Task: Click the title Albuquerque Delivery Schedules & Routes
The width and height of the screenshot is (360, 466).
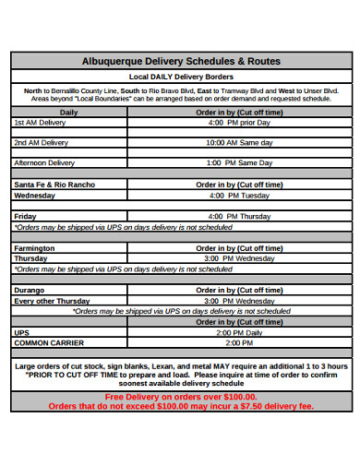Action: click(x=181, y=61)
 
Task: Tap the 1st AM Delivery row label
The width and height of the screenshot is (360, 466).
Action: click(x=40, y=122)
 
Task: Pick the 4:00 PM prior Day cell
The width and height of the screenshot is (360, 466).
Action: click(x=239, y=122)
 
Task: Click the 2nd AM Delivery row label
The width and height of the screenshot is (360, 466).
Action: click(x=41, y=143)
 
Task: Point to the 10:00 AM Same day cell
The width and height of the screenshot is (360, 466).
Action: click(x=239, y=143)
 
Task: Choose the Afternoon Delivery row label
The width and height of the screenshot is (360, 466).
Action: click(x=44, y=162)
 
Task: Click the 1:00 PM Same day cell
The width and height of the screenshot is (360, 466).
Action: click(x=239, y=162)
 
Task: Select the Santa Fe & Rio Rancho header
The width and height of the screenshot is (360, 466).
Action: click(x=54, y=185)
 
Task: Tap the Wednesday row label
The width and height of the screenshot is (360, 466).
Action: click(x=35, y=196)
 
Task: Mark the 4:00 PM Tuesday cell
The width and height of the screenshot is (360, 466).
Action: click(x=239, y=196)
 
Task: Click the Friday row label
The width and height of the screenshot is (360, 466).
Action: click(x=24, y=216)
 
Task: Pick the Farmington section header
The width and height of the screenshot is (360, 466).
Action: click(x=34, y=248)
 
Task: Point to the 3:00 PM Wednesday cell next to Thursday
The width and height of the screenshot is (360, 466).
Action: click(x=239, y=259)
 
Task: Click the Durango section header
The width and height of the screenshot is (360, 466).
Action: click(x=29, y=290)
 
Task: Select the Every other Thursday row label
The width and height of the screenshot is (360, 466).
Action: click(x=53, y=301)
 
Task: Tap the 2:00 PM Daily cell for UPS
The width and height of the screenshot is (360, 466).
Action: click(x=239, y=332)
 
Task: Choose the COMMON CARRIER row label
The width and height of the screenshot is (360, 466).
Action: click(x=49, y=342)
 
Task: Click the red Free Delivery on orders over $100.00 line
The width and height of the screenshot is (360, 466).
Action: click(x=181, y=396)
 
